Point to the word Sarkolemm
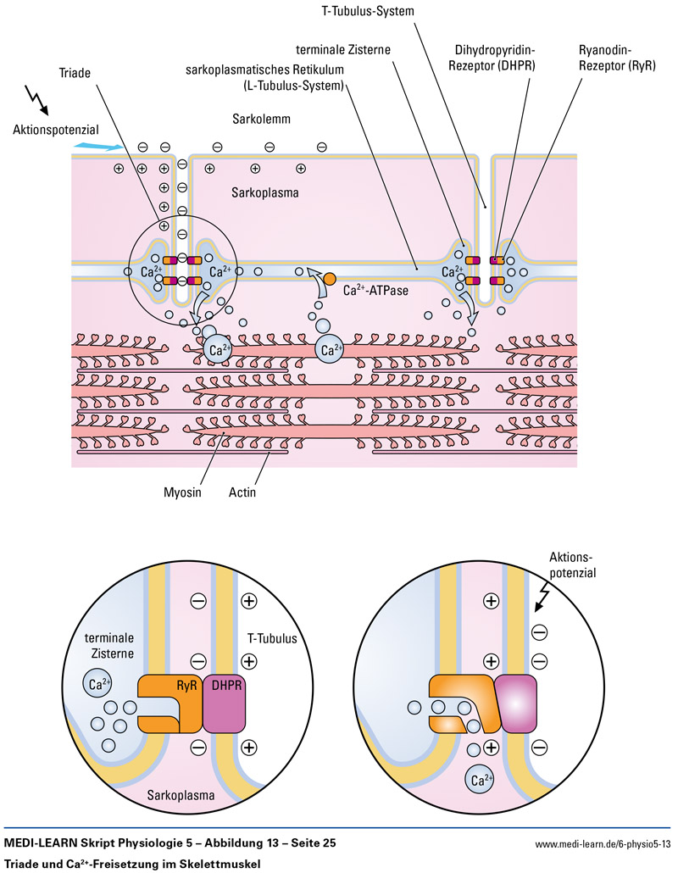pos(261,120)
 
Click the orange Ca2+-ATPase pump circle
pos(330,279)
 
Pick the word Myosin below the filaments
pos(183,492)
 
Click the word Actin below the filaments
pos(242,492)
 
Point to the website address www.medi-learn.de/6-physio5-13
pos(603,844)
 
